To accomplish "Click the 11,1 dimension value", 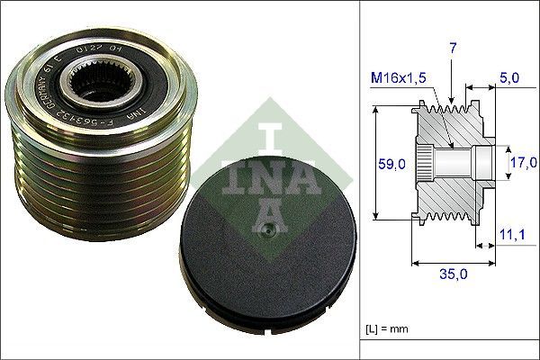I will pyautogui.click(x=512, y=235).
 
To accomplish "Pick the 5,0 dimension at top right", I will pyautogui.click(x=510, y=79).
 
